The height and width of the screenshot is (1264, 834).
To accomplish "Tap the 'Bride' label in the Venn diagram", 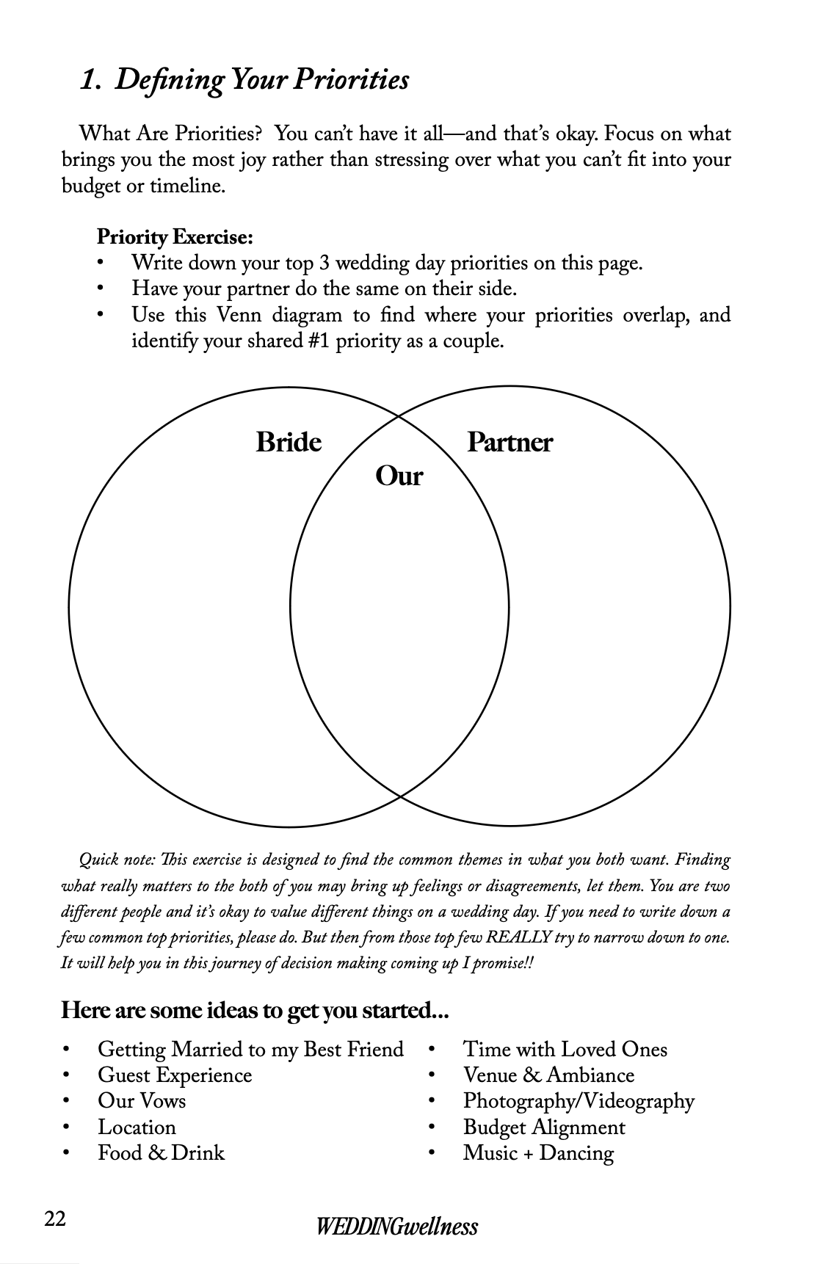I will tap(289, 443).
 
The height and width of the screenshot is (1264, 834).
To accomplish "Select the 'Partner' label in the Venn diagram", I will tap(510, 443).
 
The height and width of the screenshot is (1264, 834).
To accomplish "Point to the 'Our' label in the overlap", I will tap(399, 476).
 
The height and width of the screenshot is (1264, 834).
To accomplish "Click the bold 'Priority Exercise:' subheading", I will tap(175, 237).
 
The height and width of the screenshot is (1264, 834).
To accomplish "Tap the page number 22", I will tap(55, 1218).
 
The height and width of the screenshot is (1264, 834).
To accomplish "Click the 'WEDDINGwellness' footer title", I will tap(397, 1227).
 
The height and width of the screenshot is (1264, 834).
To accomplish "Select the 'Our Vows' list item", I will tap(142, 1101).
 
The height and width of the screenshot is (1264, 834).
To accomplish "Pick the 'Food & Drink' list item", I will tap(162, 1153).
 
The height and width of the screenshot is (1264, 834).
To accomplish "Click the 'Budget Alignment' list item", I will tap(544, 1127).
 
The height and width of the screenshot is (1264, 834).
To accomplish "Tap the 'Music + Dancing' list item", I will tap(538, 1153).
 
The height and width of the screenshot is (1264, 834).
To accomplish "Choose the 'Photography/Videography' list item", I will tap(579, 1101).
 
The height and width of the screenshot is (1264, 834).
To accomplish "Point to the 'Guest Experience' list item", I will tap(175, 1075).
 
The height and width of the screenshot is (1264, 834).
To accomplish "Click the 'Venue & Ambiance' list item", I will tap(548, 1075).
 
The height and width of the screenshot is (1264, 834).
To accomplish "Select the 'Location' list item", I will tap(137, 1127).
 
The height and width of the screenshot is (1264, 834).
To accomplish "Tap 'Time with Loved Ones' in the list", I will tap(565, 1050).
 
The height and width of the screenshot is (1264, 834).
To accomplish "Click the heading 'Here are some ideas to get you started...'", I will tap(255, 1011).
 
